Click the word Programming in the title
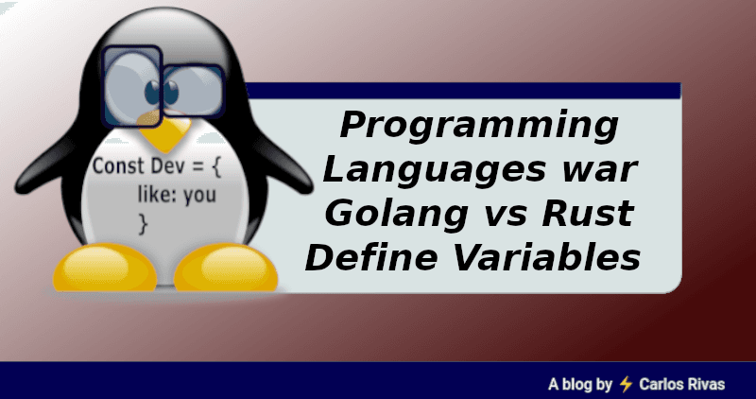pyautogui.click(x=481, y=128)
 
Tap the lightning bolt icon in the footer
pyautogui.click(x=626, y=384)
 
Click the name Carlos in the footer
pyautogui.click(x=662, y=384)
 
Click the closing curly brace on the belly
pyautogui.click(x=144, y=224)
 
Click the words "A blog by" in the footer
pyautogui.click(x=580, y=384)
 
